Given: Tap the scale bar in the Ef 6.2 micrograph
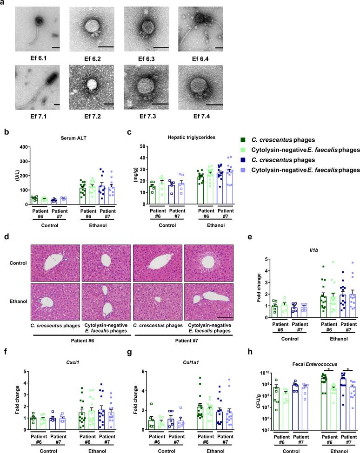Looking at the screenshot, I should (106, 46).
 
